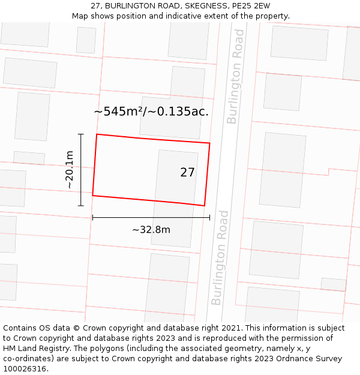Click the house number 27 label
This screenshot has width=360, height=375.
tap(187, 173)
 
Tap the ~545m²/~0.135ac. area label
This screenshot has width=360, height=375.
tap(151, 112)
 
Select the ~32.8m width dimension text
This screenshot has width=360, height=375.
tap(151, 230)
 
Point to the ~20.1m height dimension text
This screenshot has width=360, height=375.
tap(70, 170)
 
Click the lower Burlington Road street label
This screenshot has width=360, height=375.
tap(220, 257)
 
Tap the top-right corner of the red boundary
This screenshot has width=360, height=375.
tap(209, 143)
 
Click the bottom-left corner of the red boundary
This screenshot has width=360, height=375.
tap(92, 195)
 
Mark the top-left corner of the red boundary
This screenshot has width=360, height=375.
tap(97, 134)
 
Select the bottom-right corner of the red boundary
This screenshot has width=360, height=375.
tap(205, 205)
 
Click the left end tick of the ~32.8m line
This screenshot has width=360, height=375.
tap(92, 217)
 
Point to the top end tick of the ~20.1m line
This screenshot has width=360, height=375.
tap(81, 134)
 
